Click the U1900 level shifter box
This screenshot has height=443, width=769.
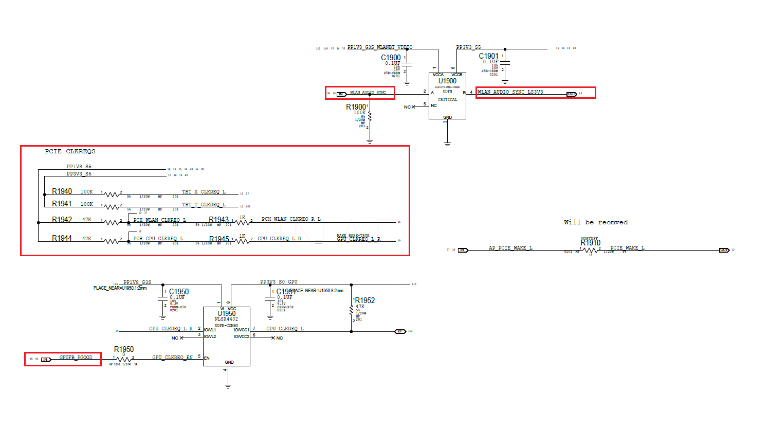click(447, 96)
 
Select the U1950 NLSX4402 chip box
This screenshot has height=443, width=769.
click(226, 337)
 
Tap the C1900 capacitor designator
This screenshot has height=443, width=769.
click(391, 58)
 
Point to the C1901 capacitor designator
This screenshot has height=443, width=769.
click(488, 56)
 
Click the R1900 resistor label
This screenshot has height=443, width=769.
click(356, 107)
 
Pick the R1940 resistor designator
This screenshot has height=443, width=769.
click(62, 191)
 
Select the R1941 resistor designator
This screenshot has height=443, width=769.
click(62, 204)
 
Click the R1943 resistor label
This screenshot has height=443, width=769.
click(218, 220)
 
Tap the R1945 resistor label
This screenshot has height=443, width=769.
click(219, 239)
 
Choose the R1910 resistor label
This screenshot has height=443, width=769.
click(591, 243)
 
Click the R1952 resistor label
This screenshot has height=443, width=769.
click(364, 300)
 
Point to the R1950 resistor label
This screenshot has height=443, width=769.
click(124, 349)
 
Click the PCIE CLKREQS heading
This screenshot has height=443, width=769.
click(70, 151)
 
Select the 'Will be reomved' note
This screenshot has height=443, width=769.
click(596, 222)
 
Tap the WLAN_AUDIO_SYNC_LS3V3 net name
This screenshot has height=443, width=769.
click(510, 92)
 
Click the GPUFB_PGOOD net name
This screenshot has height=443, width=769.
click(76, 357)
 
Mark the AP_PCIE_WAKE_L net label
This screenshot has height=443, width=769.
click(510, 248)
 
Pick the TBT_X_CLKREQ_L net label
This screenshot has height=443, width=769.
click(204, 191)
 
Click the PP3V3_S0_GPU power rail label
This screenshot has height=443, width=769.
click(279, 282)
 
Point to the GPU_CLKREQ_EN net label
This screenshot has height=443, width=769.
click(172, 357)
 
